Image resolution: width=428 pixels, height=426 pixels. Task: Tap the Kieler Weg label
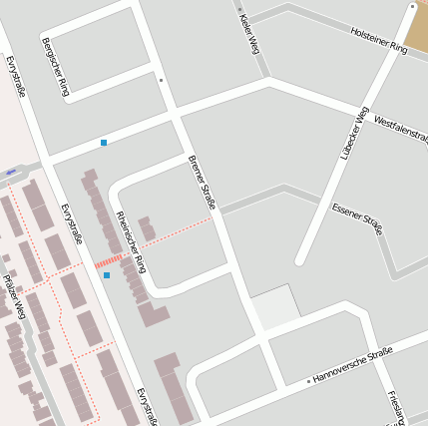tap(249, 32)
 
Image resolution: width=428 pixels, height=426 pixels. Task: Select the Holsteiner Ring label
tap(380, 41)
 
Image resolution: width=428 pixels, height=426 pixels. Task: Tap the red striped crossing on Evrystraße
tap(108, 260)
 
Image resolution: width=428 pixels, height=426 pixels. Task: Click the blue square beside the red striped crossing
tap(107, 274)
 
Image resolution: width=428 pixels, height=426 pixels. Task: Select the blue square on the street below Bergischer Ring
tap(104, 143)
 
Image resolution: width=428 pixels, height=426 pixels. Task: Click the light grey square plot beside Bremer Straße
tap(274, 308)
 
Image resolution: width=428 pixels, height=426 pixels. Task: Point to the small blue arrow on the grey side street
tap(11, 173)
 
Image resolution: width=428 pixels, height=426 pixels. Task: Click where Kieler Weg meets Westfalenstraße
tap(268, 82)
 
